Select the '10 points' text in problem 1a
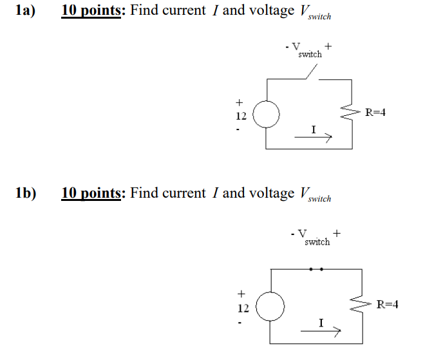(x=91, y=11)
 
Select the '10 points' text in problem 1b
(x=91, y=193)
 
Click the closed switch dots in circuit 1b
(x=316, y=269)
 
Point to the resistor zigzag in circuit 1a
(x=352, y=114)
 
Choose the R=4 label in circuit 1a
(x=375, y=113)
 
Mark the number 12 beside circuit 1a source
(x=240, y=116)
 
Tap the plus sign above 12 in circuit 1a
(x=239, y=102)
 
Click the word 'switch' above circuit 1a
(x=310, y=55)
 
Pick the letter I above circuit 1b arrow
(x=320, y=322)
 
